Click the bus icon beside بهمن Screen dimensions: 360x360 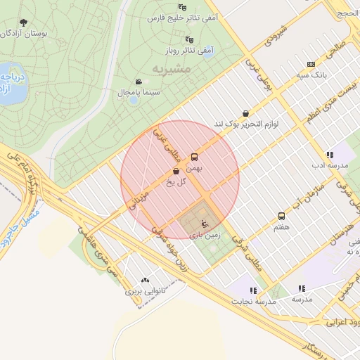pos(195,157)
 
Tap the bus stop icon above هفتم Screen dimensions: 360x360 pos(282,217)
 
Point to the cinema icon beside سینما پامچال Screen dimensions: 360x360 pos(139,81)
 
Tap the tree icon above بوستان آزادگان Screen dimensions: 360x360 pos(24,22)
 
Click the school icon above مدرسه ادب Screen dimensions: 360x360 pos(329,155)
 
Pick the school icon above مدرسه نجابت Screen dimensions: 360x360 pos(253,290)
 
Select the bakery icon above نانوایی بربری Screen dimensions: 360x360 pos(146,280)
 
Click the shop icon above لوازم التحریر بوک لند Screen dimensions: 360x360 pos(245,113)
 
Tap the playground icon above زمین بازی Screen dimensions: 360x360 pos(205,224)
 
